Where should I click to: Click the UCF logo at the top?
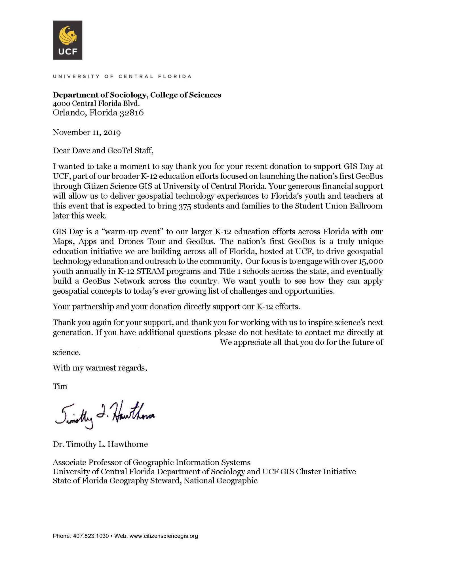tap(68, 40)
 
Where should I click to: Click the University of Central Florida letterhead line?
tap(122, 76)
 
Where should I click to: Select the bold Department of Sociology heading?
tap(137, 95)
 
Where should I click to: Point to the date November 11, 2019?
tap(87, 132)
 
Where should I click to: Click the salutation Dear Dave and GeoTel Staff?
tap(103, 150)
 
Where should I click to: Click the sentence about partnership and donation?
tap(176, 307)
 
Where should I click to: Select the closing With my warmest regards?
tap(100, 368)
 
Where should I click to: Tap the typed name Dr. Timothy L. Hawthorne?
tap(100, 444)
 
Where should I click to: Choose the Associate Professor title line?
tap(151, 462)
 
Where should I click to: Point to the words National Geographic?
tap(221, 481)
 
